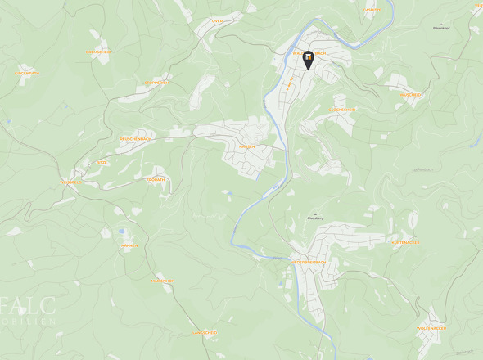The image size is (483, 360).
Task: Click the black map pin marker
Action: click(x=308, y=60)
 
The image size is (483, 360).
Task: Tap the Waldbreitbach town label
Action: click(x=309, y=53)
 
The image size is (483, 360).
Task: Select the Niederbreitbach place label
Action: click(x=309, y=263)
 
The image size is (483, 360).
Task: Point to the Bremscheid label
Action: click(x=98, y=52)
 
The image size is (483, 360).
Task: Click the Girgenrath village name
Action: click(x=26, y=73)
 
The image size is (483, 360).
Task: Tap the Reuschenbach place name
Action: click(x=135, y=139)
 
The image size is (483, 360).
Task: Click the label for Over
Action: click(x=217, y=21)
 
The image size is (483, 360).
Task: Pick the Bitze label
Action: click(x=102, y=163)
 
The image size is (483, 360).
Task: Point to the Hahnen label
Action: click(x=129, y=245)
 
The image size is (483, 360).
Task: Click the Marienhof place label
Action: click(x=162, y=281)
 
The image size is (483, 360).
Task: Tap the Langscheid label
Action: click(x=205, y=333)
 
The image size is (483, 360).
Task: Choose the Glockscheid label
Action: click(x=342, y=109)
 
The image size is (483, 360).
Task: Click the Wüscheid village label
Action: click(x=410, y=94)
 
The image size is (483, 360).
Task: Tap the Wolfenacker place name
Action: click(x=431, y=328)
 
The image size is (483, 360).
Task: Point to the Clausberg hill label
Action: click(x=315, y=218)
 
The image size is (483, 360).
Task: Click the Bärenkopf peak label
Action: click(x=441, y=28)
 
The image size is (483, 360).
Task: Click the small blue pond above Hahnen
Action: click(x=121, y=232)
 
